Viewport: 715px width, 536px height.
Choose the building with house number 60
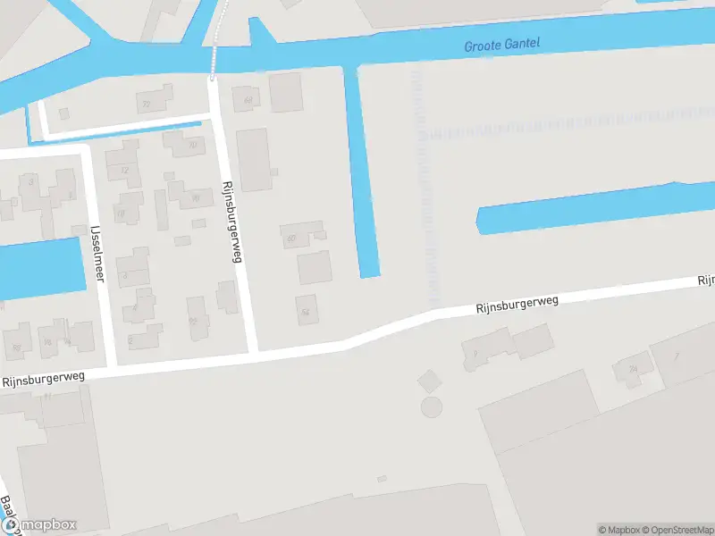(x=293, y=237)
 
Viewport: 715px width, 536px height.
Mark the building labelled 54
(x=306, y=310)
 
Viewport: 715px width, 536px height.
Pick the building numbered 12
(x=124, y=170)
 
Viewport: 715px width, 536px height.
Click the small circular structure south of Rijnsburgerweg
(x=432, y=408)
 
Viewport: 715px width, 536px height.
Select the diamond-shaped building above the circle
(x=429, y=381)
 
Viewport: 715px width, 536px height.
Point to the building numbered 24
(x=634, y=368)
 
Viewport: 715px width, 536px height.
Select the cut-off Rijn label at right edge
(x=705, y=281)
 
